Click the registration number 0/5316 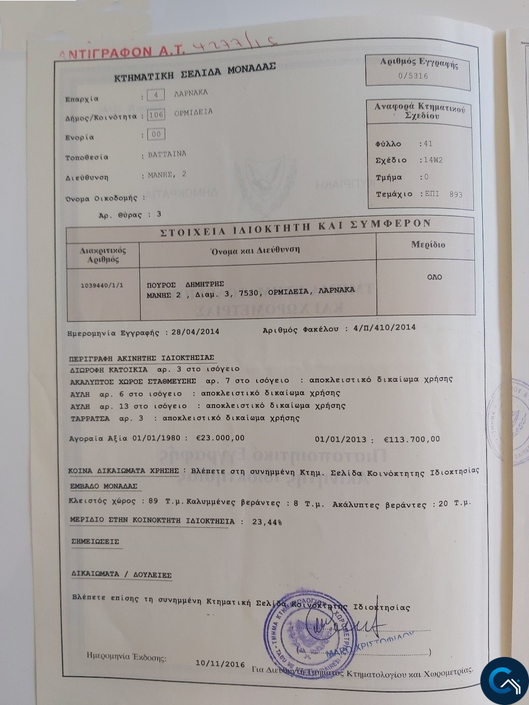(413, 76)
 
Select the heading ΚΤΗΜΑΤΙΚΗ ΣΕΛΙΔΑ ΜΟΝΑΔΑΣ (195, 74)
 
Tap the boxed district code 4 (156, 95)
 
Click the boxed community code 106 (156, 115)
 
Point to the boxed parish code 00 (156, 135)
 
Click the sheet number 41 (428, 144)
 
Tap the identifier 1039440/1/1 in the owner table (102, 285)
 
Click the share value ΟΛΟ (434, 277)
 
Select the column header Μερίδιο (428, 245)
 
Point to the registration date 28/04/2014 (195, 332)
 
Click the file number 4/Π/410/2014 (384, 328)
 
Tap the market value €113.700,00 (412, 439)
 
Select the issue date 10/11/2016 (220, 664)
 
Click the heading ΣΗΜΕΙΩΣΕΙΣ (94, 541)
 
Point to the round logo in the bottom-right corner (504, 681)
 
